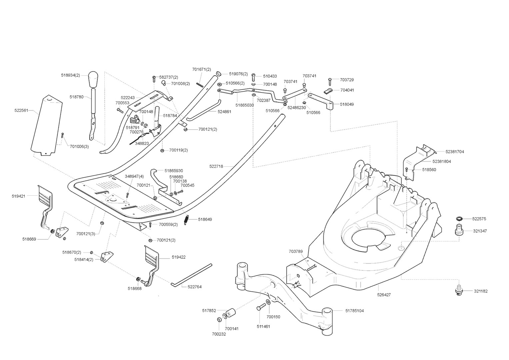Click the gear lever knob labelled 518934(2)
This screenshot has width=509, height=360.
(x=93, y=80)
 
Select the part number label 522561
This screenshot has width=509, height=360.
(x=21, y=110)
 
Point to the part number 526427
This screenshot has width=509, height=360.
(x=384, y=295)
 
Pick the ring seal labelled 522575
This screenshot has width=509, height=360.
(x=459, y=219)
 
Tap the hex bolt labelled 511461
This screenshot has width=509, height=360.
(x=261, y=307)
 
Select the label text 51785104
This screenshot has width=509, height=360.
(x=354, y=311)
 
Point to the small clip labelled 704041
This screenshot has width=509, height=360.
(x=328, y=91)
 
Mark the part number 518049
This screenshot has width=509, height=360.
(x=347, y=104)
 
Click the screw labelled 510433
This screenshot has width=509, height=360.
(x=254, y=77)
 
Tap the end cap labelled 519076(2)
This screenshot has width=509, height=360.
(x=219, y=74)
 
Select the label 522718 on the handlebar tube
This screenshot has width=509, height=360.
(x=216, y=166)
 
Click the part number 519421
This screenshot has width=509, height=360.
(x=19, y=196)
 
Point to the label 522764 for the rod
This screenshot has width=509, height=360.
(x=195, y=287)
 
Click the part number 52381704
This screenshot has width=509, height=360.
(x=455, y=152)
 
